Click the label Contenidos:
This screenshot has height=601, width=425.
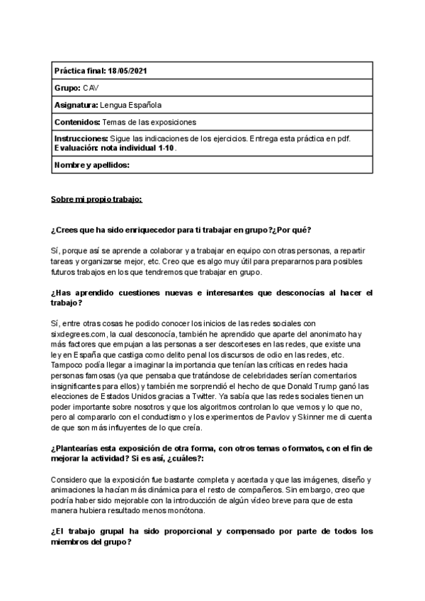pos(78,122)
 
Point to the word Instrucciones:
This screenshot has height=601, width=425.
pos(81,139)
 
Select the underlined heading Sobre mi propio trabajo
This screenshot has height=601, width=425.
pos(96,199)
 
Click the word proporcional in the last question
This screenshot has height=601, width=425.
pos(187,531)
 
